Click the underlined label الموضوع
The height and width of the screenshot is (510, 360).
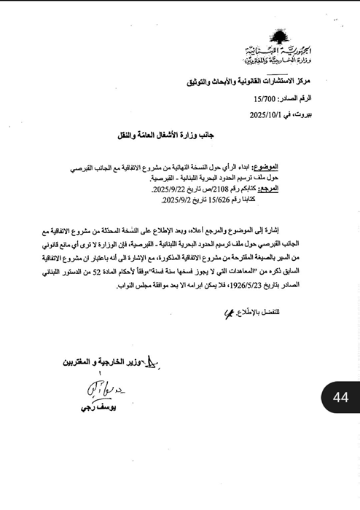pyautogui.click(x=300, y=167)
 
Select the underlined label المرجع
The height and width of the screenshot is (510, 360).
pyautogui.click(x=302, y=189)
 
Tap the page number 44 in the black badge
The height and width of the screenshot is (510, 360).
pyautogui.click(x=340, y=397)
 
